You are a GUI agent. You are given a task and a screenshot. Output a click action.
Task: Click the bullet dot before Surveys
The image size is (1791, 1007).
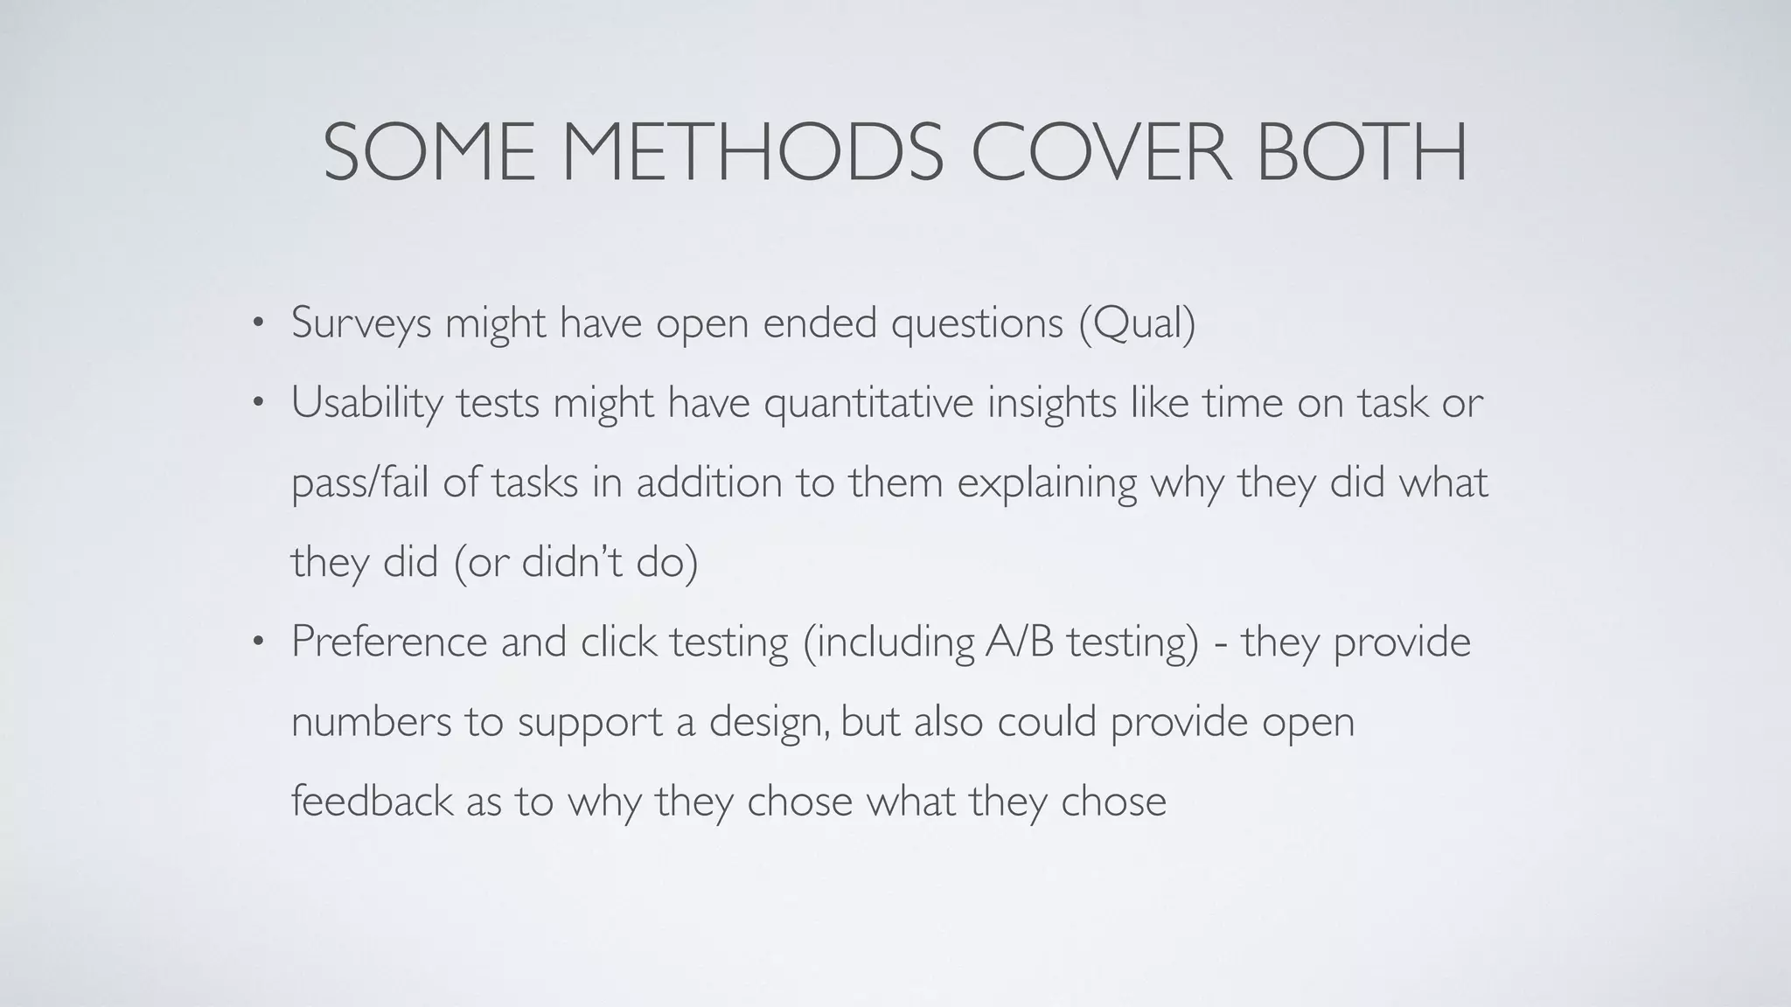pos(256,324)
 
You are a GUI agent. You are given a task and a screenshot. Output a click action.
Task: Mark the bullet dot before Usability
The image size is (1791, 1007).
pos(256,404)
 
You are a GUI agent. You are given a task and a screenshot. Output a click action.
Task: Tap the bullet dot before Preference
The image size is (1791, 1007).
pos(256,642)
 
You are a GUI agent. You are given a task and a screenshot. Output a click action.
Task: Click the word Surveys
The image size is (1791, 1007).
pos(361,323)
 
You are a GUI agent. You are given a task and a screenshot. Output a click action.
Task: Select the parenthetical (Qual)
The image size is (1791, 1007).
pos(1137,323)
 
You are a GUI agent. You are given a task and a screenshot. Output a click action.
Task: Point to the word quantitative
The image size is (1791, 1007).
pos(868,404)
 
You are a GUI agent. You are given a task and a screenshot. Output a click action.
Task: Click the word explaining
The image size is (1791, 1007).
pos(1046,483)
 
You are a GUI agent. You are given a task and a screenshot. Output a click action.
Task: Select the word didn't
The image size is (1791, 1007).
pos(572,562)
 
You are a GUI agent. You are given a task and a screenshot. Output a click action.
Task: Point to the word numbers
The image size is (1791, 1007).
pos(371,722)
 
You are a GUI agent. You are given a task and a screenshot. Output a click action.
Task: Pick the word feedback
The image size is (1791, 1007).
pos(371,801)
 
